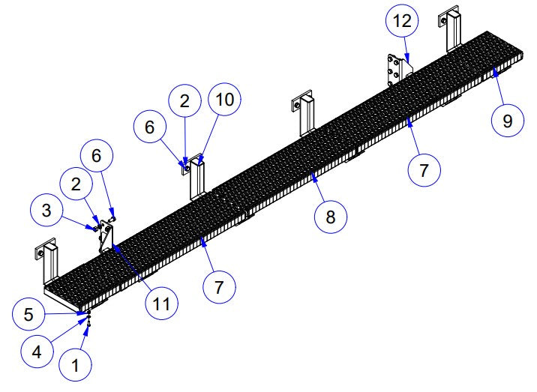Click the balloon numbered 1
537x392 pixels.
[x=74, y=367]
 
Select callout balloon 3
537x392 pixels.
[x=47, y=211]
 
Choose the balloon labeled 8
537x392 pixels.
[x=330, y=218]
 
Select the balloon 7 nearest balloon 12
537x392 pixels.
[x=424, y=170]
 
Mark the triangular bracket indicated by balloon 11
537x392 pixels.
[x=105, y=238]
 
